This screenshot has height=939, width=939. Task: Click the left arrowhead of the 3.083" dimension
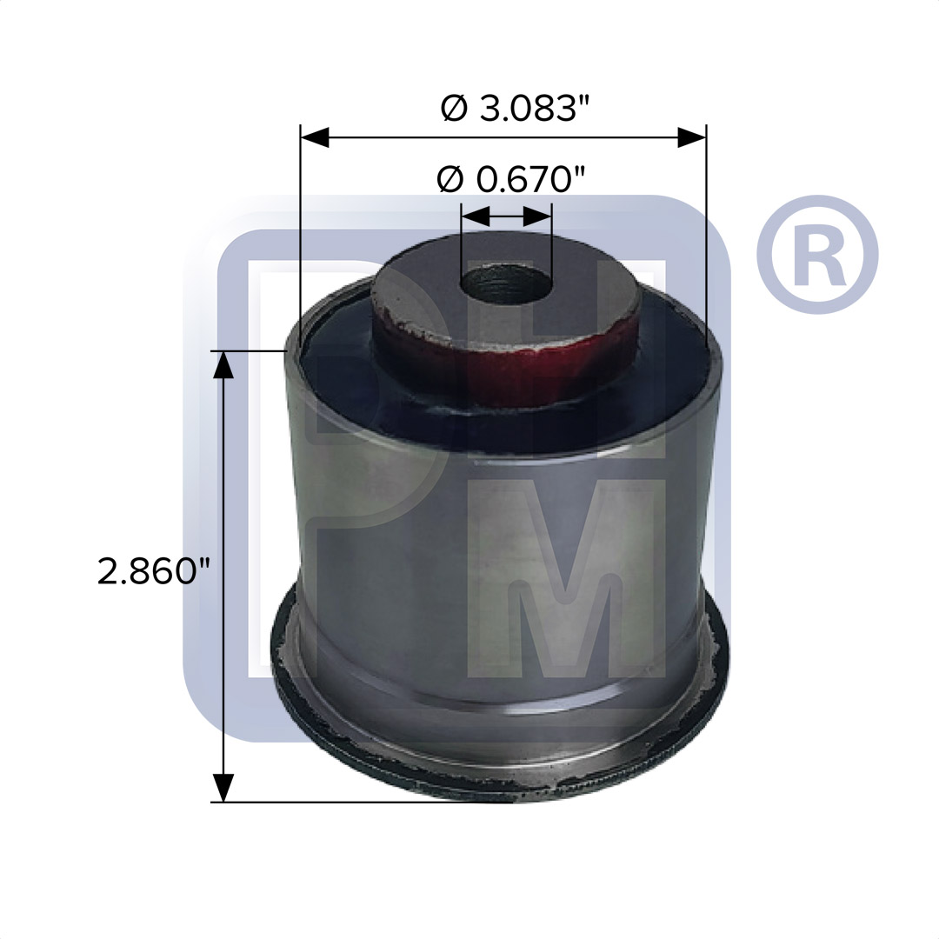[315, 137]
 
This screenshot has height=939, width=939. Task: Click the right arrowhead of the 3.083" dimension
[691, 137]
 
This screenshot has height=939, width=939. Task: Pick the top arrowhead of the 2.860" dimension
[223, 365]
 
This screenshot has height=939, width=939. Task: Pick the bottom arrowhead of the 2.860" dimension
[223, 787]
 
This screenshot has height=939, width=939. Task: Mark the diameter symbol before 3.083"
[454, 109]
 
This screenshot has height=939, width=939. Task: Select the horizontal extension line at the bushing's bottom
[348, 802]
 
